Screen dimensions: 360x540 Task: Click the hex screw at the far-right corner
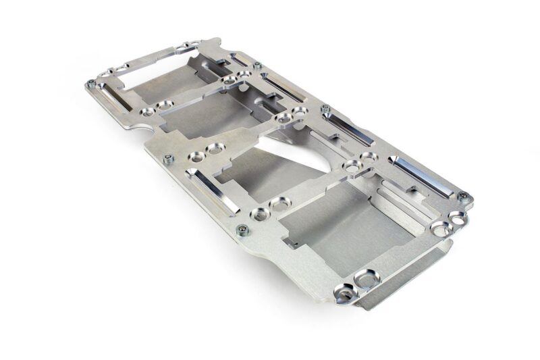[462, 197]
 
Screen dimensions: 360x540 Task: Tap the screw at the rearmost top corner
[257, 66]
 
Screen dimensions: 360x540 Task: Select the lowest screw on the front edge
[243, 230]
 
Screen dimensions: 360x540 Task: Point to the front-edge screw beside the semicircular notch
[168, 159]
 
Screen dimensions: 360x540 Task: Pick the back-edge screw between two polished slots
[325, 109]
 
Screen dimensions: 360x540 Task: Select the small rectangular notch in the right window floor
[290, 240]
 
